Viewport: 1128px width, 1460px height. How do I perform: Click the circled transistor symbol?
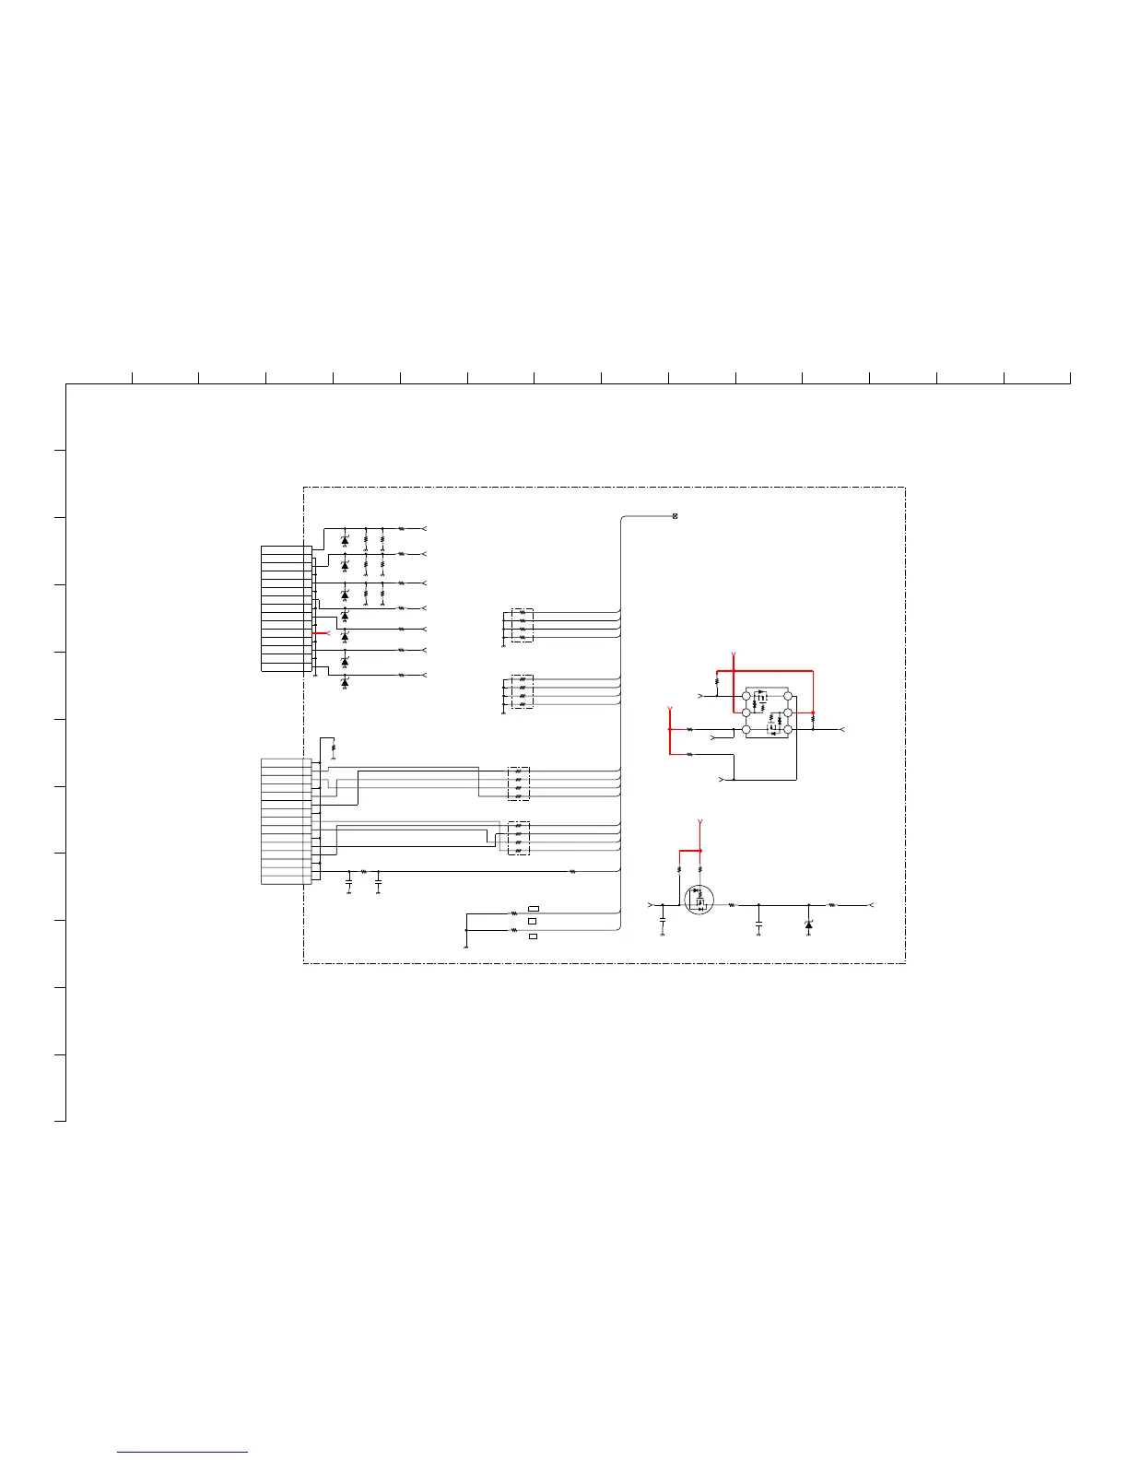pos(699,900)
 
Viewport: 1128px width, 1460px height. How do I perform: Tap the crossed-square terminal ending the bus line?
pos(676,516)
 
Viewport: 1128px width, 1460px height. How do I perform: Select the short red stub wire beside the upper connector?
pos(322,633)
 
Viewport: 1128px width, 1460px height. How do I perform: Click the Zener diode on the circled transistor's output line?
pos(808,924)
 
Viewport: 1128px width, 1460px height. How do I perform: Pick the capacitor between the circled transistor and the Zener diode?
pos(758,922)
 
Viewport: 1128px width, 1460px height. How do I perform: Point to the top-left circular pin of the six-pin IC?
pos(746,695)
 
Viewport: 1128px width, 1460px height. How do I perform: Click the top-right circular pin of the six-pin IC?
pos(788,695)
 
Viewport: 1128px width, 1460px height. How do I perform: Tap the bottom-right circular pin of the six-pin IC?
pos(788,729)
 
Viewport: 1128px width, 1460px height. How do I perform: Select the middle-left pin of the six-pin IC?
pos(746,712)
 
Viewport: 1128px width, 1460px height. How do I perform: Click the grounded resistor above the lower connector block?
pos(333,747)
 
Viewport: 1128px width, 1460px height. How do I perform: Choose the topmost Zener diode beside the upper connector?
pos(345,540)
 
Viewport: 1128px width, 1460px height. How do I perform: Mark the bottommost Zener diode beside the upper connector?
pos(345,682)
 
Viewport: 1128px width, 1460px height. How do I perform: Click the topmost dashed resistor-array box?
pos(522,624)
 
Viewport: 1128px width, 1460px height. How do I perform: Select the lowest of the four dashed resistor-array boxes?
pos(519,838)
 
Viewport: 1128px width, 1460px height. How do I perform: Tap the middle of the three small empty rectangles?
pos(533,921)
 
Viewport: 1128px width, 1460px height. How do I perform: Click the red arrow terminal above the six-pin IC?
pos(733,656)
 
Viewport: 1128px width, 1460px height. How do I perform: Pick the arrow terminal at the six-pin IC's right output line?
pos(841,729)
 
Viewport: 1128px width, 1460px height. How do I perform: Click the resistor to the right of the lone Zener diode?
pos(832,905)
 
